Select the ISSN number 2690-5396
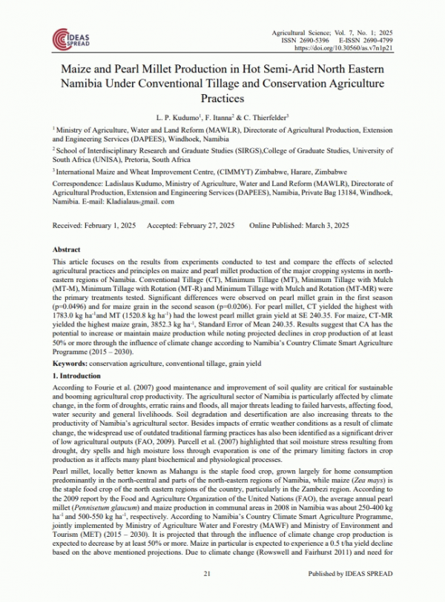tap(320, 40)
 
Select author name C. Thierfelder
tap(266, 117)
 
